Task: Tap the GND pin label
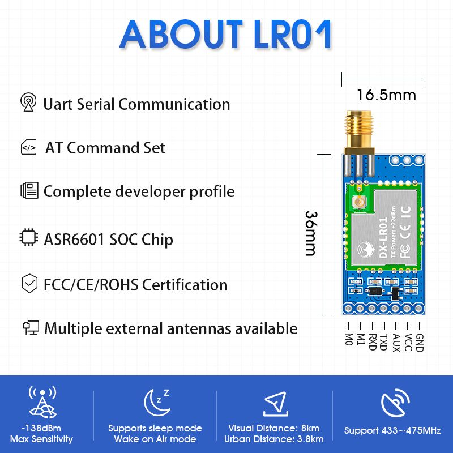tap(419, 343)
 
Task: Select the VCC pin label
tap(408, 343)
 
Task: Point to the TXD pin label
tap(383, 342)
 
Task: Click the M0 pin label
tap(349, 339)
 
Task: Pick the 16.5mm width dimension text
tap(386, 95)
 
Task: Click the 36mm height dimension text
tap(311, 233)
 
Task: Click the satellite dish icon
tap(395, 402)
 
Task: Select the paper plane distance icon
tap(275, 404)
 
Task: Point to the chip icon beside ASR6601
tap(29, 237)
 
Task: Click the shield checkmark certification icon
tap(29, 284)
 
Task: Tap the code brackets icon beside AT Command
tap(29, 147)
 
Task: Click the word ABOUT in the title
tap(181, 35)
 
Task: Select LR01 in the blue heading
tap(292, 35)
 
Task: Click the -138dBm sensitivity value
tap(41, 428)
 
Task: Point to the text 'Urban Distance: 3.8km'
tap(273, 439)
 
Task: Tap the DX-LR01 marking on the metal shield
tap(383, 237)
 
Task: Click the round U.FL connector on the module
tap(359, 202)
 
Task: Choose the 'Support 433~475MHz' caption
tap(392, 431)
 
